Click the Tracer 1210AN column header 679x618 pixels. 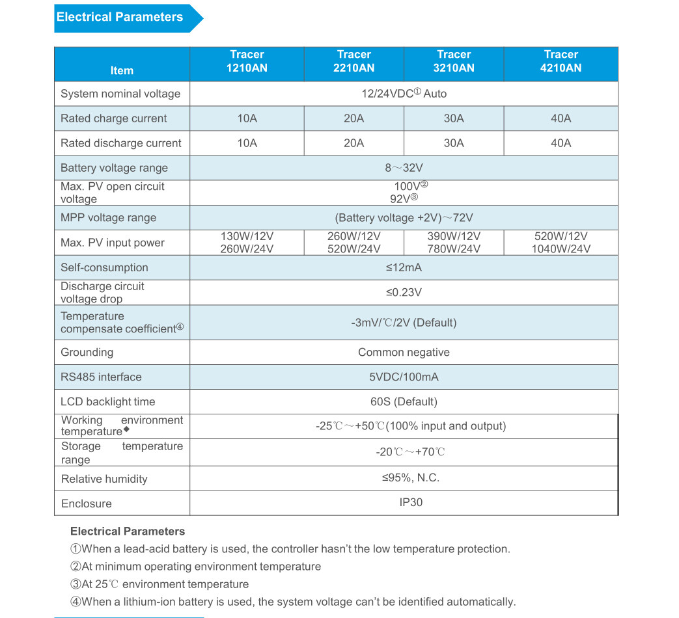point(247,61)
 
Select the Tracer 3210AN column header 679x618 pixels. point(454,61)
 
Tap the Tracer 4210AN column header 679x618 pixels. point(561,61)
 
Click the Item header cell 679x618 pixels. point(122,70)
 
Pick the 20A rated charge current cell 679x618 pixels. point(353,118)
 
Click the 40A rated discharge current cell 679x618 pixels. point(561,143)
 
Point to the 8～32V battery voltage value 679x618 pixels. point(404,168)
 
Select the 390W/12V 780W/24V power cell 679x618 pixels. point(454,243)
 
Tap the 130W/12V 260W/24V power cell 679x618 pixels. point(247,243)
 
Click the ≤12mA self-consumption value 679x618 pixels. point(404,267)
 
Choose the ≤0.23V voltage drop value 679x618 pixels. point(404,292)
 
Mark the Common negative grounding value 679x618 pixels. point(404,352)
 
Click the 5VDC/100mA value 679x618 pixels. point(404,377)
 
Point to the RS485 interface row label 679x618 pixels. point(101,377)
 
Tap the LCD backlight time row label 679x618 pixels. point(108,401)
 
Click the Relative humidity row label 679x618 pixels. point(104,479)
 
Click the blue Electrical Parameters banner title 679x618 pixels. point(120,18)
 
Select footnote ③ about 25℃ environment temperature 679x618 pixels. point(159,584)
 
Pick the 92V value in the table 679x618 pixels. point(404,199)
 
